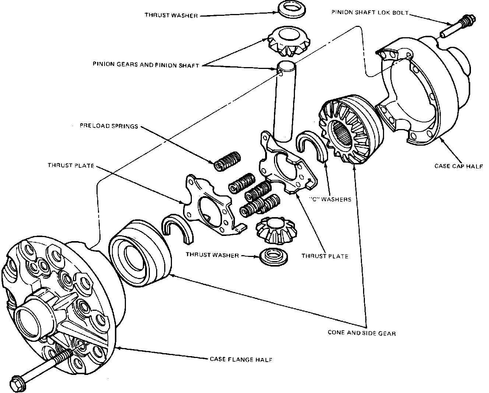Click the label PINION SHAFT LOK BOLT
click(x=370, y=12)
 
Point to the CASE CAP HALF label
click(x=458, y=166)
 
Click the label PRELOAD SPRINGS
click(x=109, y=126)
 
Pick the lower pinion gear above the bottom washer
click(x=275, y=230)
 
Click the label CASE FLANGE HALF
click(x=241, y=359)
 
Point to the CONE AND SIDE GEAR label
click(x=362, y=333)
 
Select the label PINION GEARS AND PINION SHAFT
click(x=146, y=66)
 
